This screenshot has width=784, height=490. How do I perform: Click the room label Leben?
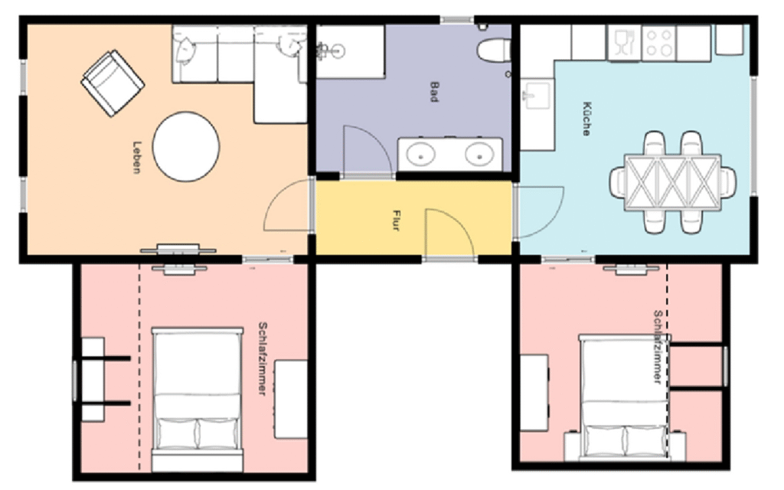136,158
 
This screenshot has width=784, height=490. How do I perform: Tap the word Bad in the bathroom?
435,92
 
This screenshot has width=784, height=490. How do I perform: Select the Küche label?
587,119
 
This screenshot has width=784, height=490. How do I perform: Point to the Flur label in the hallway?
397,220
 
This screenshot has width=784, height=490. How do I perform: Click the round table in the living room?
186,146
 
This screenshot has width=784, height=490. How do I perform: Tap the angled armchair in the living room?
113,83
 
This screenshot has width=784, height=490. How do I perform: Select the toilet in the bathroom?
494,51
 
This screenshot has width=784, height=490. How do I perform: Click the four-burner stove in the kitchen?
658,43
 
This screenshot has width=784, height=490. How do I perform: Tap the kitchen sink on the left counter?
537,94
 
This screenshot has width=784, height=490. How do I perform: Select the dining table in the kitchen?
673,182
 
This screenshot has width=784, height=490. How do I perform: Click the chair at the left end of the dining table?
617,182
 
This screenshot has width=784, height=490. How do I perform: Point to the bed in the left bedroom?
198,399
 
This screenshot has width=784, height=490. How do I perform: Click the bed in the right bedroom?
625,398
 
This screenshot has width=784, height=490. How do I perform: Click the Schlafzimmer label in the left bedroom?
263,358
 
